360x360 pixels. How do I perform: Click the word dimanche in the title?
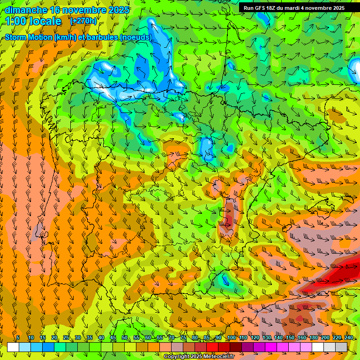click(25, 10)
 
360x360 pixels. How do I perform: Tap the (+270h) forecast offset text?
click(83, 21)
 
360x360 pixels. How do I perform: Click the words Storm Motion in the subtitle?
click(27, 37)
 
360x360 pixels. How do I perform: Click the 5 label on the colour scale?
click(18, 337)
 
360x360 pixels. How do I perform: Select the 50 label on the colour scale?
click(125, 337)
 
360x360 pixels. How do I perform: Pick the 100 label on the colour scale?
click(232, 337)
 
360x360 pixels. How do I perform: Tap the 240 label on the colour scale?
click(349, 337)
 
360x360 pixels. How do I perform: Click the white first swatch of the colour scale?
click(13, 347)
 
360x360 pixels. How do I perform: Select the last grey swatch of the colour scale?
click(341, 347)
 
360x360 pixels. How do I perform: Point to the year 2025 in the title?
click(119, 10)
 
